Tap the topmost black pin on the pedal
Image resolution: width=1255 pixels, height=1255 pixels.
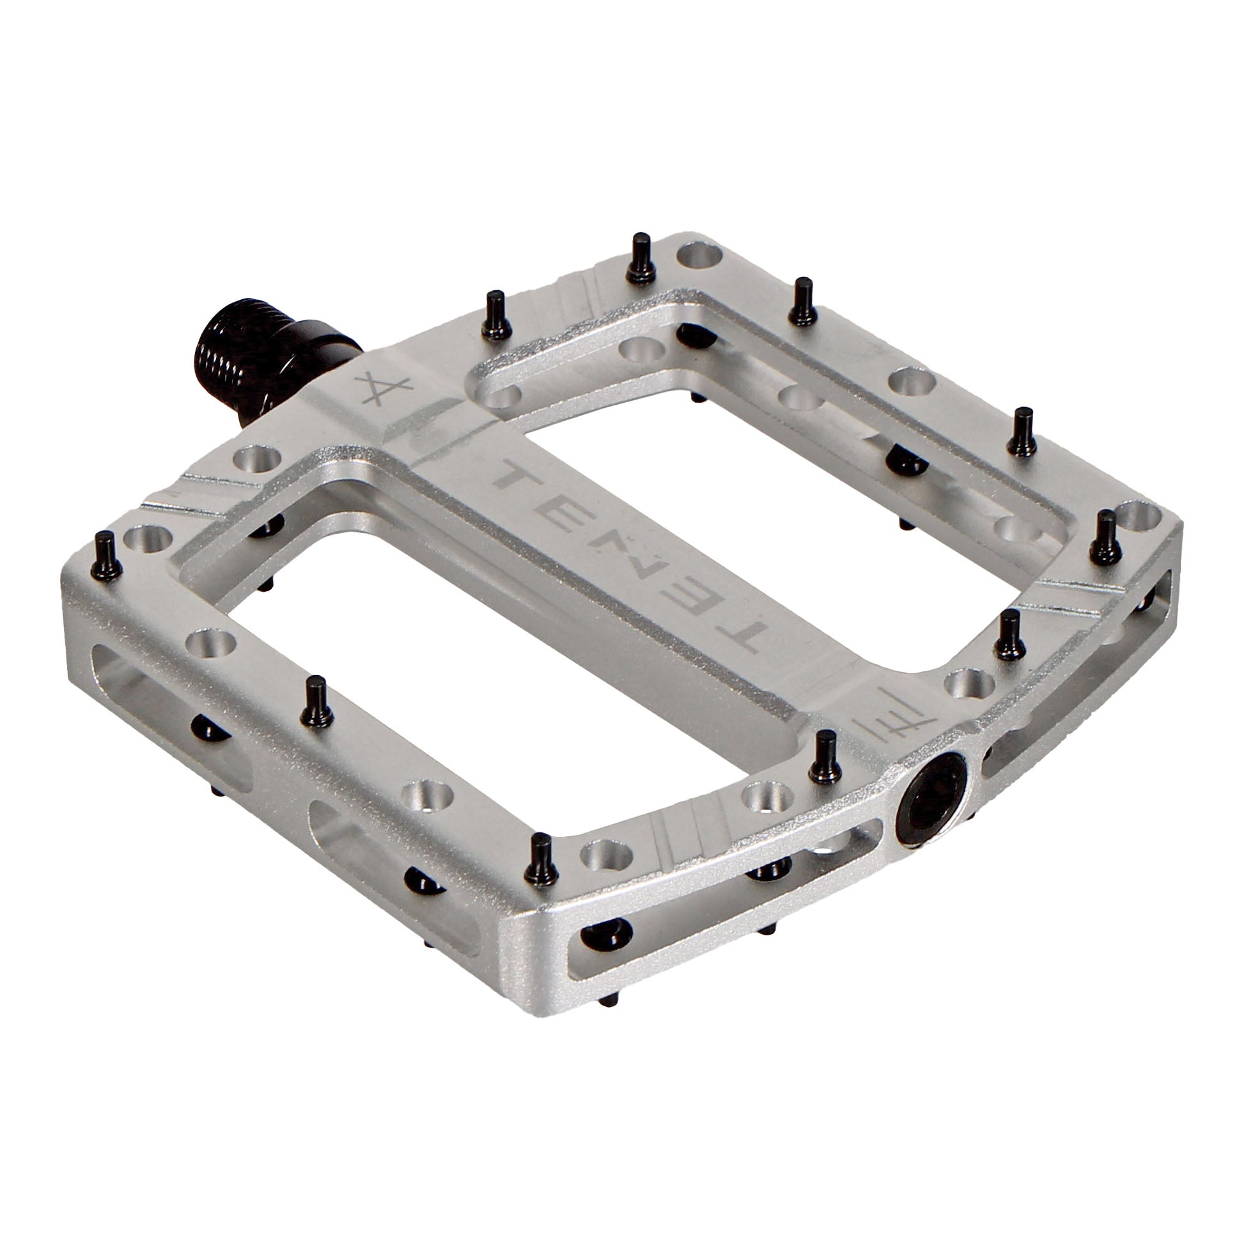coord(639,256)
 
